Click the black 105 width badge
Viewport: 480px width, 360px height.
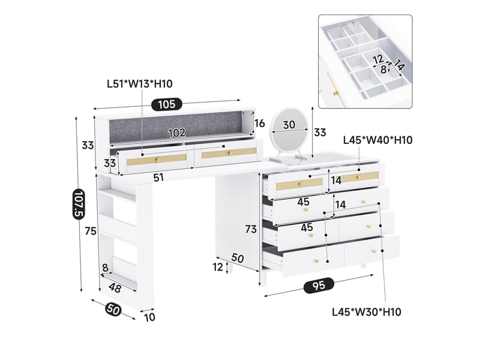pos(167,104)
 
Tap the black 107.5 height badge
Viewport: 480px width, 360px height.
pos(79,203)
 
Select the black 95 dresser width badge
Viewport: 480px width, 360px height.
pos(319,286)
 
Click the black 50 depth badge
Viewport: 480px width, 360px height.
pos(113,310)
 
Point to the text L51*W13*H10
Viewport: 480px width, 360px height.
pos(140,83)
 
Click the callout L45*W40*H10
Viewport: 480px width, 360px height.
pos(378,140)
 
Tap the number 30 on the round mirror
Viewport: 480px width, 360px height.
pos(289,125)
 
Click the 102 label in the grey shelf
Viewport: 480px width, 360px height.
pos(177,133)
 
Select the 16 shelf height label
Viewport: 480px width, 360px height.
pos(259,124)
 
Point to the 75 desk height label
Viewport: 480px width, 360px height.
pos(91,231)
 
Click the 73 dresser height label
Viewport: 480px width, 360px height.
pos(251,229)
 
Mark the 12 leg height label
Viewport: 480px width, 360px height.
pos(218,267)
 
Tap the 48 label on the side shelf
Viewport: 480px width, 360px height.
pos(115,287)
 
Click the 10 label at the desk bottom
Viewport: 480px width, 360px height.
pos(149,317)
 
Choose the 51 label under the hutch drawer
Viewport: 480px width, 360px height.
pos(158,178)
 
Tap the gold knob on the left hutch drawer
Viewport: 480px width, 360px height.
pos(158,160)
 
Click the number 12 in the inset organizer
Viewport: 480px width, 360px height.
pos(379,59)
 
